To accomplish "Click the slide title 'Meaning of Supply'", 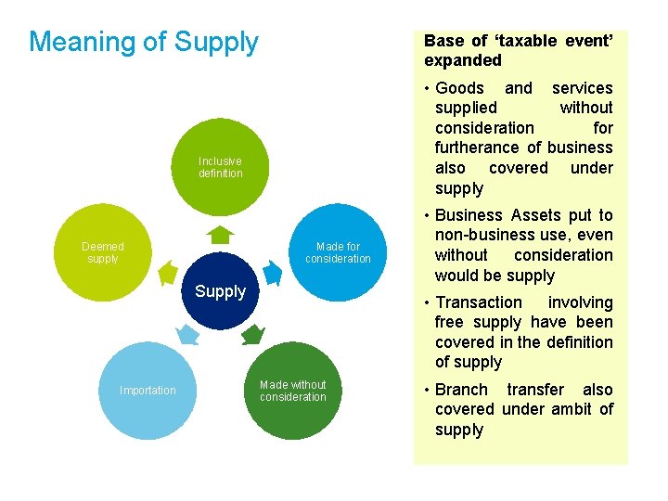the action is click(x=144, y=42).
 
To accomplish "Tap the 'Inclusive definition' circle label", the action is click(x=220, y=167).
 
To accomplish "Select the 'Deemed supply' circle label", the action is click(x=102, y=252).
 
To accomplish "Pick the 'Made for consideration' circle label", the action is click(x=338, y=252).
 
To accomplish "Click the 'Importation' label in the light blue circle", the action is click(x=148, y=391).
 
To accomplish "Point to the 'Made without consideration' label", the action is click(x=293, y=391).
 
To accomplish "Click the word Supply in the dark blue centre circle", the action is click(x=220, y=291).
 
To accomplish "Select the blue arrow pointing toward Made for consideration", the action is click(x=273, y=273).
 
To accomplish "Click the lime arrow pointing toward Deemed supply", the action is click(x=168, y=273).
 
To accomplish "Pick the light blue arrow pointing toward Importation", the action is click(x=187, y=333).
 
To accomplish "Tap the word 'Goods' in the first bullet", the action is click(x=459, y=88).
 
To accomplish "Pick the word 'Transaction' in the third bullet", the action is click(x=479, y=302).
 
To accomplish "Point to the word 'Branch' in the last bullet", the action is click(x=461, y=390).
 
